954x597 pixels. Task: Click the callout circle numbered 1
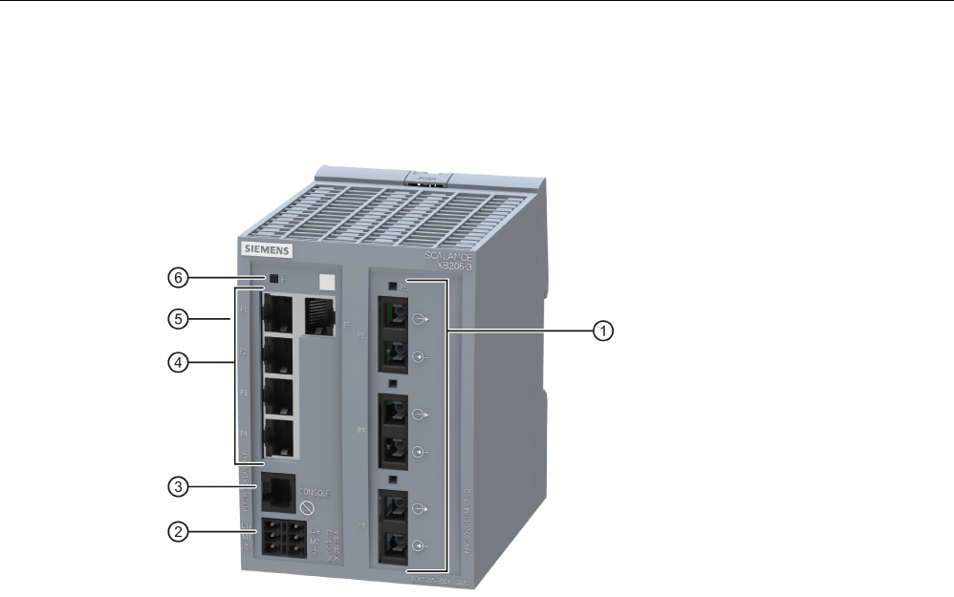click(x=601, y=330)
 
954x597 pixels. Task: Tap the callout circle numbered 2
click(x=176, y=531)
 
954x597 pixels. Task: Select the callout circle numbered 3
click(x=176, y=486)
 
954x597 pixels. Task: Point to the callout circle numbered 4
click(x=176, y=362)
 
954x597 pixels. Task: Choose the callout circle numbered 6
click(x=176, y=278)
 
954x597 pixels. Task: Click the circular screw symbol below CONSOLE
click(x=308, y=510)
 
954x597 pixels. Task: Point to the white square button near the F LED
click(x=327, y=283)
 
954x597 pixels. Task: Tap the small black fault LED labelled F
click(x=274, y=279)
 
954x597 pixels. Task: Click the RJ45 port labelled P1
click(x=278, y=309)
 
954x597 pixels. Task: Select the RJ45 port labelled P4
click(x=278, y=437)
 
